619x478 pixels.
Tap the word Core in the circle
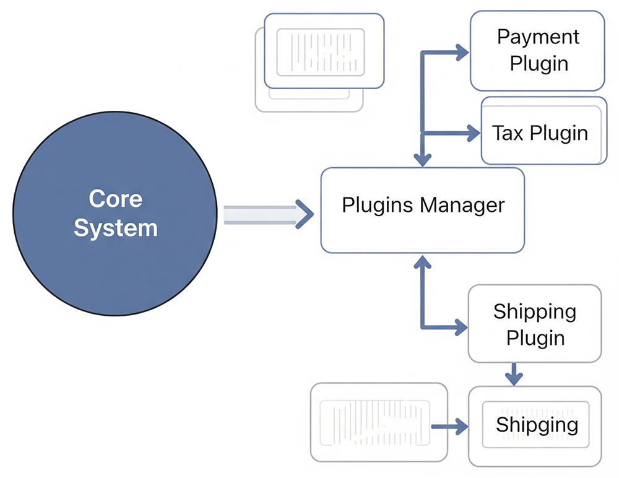coord(115,199)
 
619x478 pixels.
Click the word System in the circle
coord(115,228)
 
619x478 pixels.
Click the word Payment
coord(538,37)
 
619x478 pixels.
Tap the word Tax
coord(508,133)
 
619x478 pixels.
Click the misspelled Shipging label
coord(537,425)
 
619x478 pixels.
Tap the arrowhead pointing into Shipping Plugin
coord(461,327)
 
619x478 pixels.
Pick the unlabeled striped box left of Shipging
coord(378,422)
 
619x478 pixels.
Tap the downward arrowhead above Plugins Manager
coord(422,159)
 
